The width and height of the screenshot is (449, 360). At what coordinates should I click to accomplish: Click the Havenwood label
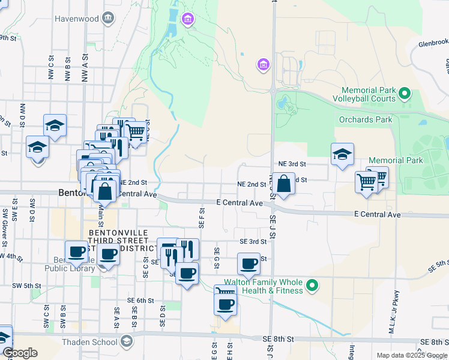76,19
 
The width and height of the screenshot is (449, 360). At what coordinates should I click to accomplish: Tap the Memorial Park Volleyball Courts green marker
405,94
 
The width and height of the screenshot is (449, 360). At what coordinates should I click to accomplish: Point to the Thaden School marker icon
126,342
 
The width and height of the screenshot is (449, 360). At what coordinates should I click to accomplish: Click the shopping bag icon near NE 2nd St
285,183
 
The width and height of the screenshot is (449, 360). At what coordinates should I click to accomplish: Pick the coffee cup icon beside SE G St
249,263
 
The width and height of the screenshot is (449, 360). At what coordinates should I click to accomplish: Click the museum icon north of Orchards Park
262,65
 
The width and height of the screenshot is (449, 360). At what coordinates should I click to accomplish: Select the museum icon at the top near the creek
188,20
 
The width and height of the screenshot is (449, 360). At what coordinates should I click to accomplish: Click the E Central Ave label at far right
377,214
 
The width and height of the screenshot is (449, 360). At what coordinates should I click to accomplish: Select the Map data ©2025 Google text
412,355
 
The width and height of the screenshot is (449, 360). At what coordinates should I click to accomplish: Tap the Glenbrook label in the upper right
433,43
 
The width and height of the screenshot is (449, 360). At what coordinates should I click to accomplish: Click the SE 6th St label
140,300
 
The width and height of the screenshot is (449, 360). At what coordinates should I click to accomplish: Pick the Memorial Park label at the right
396,160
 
